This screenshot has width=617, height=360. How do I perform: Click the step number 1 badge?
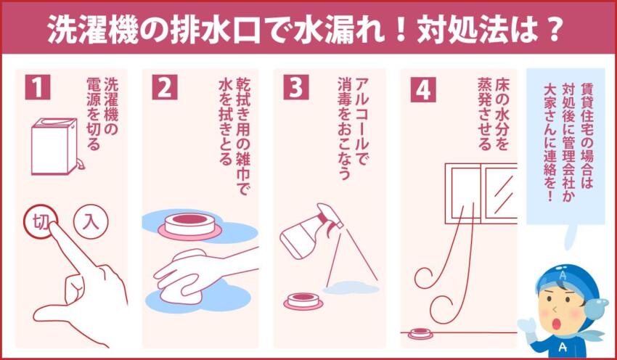pyautogui.click(x=38, y=86)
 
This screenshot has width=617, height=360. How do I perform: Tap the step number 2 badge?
pyautogui.click(x=165, y=86)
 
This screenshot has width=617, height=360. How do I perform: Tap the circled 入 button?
pyautogui.click(x=91, y=221)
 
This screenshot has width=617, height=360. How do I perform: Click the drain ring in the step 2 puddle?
pyautogui.click(x=187, y=224)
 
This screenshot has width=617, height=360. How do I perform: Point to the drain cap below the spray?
pyautogui.click(x=300, y=299)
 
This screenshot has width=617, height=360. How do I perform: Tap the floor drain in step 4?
pyautogui.click(x=419, y=335)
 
